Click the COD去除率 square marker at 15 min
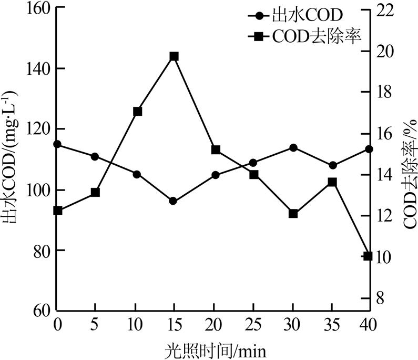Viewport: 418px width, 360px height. point(174,56)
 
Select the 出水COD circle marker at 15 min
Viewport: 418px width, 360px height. point(173,201)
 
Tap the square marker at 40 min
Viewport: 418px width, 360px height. point(368,256)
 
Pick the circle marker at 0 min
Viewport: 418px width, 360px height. point(57,144)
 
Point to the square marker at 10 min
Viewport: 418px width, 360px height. point(137,111)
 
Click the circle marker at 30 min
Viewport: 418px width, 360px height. point(293,147)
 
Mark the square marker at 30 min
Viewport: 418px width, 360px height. point(293,214)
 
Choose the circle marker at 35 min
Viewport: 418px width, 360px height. point(332,165)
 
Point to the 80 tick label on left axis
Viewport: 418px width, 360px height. point(39,251)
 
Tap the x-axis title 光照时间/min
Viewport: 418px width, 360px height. point(212,348)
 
